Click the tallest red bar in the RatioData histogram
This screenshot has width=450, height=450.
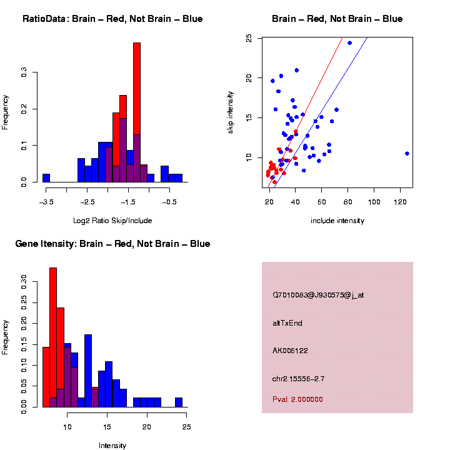click(137, 112)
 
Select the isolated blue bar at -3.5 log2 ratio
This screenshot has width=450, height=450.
click(46, 177)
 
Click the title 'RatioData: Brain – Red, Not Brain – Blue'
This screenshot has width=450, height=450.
click(112, 19)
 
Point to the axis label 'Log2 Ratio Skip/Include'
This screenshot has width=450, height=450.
click(112, 221)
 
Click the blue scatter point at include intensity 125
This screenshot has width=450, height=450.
click(407, 153)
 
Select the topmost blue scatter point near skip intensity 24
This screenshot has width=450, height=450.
click(349, 43)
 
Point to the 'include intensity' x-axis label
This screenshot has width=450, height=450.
click(337, 221)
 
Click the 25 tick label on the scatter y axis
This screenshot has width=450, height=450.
click(249, 38)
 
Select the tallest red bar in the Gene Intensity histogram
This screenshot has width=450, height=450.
click(53, 337)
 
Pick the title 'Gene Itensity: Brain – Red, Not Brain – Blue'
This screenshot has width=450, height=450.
click(112, 244)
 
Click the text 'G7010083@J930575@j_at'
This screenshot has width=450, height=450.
click(318, 295)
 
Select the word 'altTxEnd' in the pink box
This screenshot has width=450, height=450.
click(287, 323)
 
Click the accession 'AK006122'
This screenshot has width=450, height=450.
click(290, 351)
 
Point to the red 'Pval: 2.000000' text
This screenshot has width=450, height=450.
click(297, 399)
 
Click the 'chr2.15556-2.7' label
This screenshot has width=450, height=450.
click(298, 379)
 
